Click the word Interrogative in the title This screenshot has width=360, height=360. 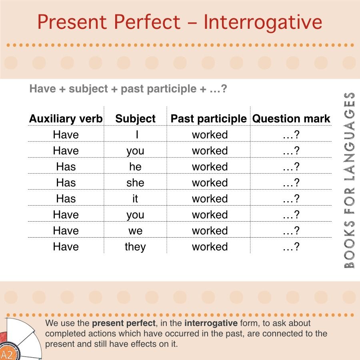tap(263, 22)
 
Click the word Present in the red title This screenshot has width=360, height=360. tap(72, 22)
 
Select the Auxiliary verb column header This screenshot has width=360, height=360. tap(66, 119)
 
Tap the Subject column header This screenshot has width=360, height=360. tap(135, 119)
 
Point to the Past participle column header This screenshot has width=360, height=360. tap(208, 119)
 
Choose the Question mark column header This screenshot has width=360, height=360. tap(291, 119)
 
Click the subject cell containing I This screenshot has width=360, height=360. tap(137, 134)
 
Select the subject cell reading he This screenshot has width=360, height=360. tap(135, 167)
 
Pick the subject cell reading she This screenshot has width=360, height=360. tap(135, 183)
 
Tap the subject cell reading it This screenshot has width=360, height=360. tap(135, 198)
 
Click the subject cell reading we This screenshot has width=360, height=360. tap(135, 231)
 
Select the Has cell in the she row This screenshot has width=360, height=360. tap(66, 183)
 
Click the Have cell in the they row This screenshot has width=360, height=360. tap(66, 247)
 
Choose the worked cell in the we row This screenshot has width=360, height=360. tap(210, 231)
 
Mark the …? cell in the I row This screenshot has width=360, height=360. tap(291, 134)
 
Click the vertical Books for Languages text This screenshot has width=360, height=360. tap(350, 180)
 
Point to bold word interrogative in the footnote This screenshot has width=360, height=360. tap(211, 323)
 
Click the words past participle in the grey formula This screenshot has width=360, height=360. tap(158, 89)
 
